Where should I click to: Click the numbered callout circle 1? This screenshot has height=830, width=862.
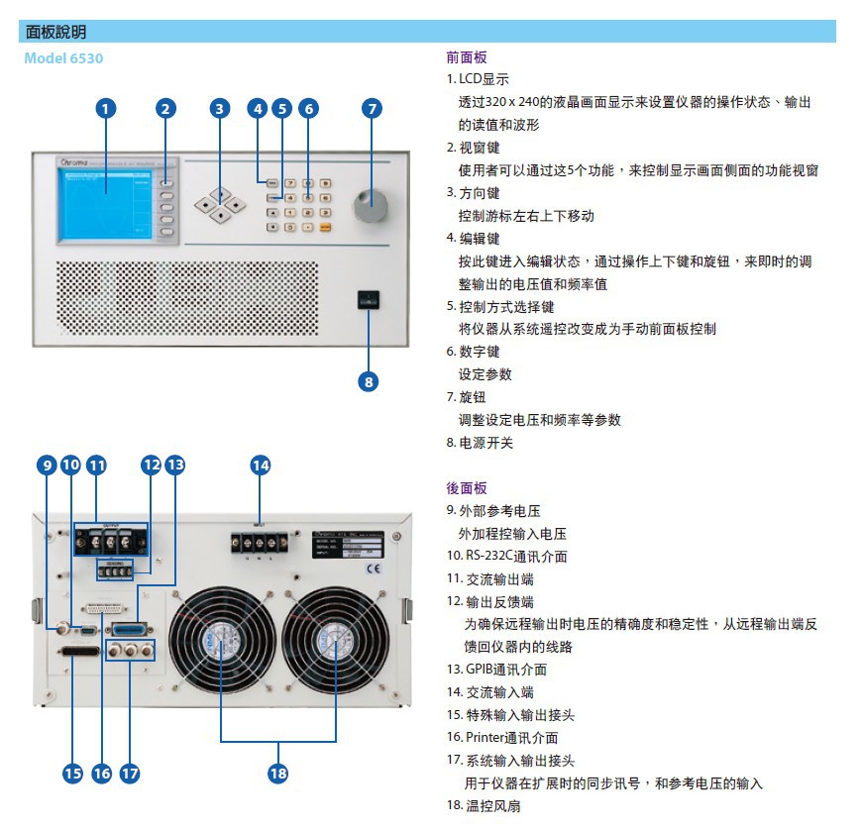click(x=106, y=108)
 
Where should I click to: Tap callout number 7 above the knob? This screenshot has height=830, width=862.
click(x=372, y=108)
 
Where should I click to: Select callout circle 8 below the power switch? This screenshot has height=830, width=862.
click(x=369, y=380)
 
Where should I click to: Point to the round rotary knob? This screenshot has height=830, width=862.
click(x=371, y=206)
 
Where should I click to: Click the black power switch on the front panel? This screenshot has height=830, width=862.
click(x=369, y=300)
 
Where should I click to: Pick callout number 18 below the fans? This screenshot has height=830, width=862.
click(x=278, y=773)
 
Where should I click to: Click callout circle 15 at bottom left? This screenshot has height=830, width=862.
click(x=72, y=773)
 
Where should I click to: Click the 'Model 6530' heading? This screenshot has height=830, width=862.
click(x=63, y=58)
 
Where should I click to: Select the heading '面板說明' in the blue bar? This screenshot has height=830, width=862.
click(x=55, y=32)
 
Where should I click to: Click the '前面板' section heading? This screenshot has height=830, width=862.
click(x=467, y=57)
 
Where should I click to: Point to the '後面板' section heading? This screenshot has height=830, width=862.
click(x=467, y=488)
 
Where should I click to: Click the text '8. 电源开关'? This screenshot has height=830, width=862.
click(x=480, y=443)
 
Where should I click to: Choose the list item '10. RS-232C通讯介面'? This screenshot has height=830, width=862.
click(x=506, y=557)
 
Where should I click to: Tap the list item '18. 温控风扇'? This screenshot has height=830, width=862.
click(x=483, y=806)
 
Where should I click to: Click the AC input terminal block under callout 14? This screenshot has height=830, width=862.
click(x=259, y=542)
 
